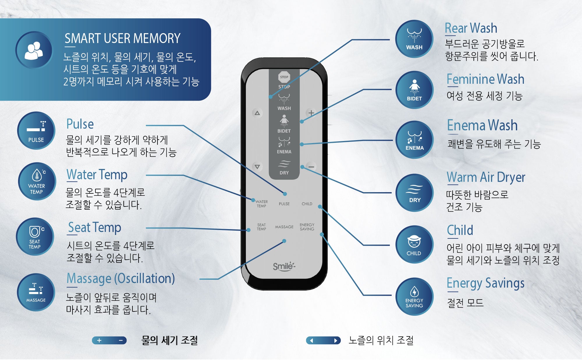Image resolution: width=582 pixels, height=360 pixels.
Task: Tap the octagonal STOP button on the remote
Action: [284, 77]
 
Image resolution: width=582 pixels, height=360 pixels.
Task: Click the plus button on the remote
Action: [311, 113]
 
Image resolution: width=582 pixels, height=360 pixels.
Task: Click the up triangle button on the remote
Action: [257, 113]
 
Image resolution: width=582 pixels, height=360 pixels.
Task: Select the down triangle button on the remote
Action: [257, 167]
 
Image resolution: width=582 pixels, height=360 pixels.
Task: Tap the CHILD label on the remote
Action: [307, 204]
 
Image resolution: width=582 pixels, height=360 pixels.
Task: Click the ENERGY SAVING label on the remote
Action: [307, 227]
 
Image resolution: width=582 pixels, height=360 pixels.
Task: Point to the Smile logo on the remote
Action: [284, 266]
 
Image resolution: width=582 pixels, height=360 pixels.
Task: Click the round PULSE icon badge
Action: [36, 131]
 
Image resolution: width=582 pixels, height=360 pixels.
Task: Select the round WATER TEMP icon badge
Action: [37, 181]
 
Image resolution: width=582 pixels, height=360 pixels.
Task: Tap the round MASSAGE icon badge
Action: [36, 292]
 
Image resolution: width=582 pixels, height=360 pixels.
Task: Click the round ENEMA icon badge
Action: [414, 140]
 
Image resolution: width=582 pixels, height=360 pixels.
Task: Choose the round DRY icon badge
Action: [415, 193]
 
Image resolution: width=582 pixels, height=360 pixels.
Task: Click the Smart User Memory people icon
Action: [34, 50]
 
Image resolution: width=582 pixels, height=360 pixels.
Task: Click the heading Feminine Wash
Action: [485, 79]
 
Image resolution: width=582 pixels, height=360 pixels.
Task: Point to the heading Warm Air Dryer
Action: [486, 177]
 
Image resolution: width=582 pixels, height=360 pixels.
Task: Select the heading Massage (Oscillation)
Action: [121, 279]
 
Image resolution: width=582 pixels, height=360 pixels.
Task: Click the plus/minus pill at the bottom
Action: [109, 340]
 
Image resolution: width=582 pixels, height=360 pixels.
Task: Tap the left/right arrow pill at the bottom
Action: [323, 340]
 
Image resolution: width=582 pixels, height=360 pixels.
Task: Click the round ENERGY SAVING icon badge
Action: [414, 297]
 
